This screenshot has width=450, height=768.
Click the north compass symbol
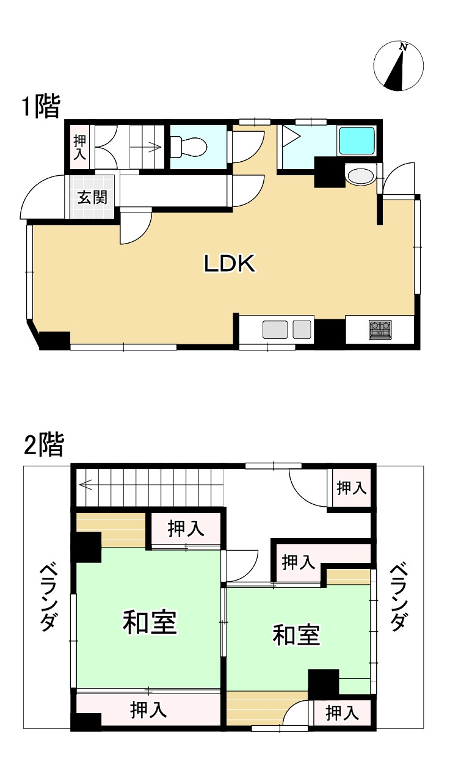point(400,67)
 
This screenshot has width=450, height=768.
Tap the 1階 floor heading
point(41,106)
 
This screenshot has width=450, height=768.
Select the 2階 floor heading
point(43,445)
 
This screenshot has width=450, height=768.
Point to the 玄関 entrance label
point(92,197)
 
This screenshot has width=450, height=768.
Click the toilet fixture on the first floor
point(190,147)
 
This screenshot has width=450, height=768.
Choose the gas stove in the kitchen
point(380,330)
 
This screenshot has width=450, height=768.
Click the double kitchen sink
point(286,330)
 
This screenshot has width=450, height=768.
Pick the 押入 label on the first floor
point(80,147)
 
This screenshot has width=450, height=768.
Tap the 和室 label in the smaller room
point(296,636)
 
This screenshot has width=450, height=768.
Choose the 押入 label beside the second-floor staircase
point(186,528)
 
